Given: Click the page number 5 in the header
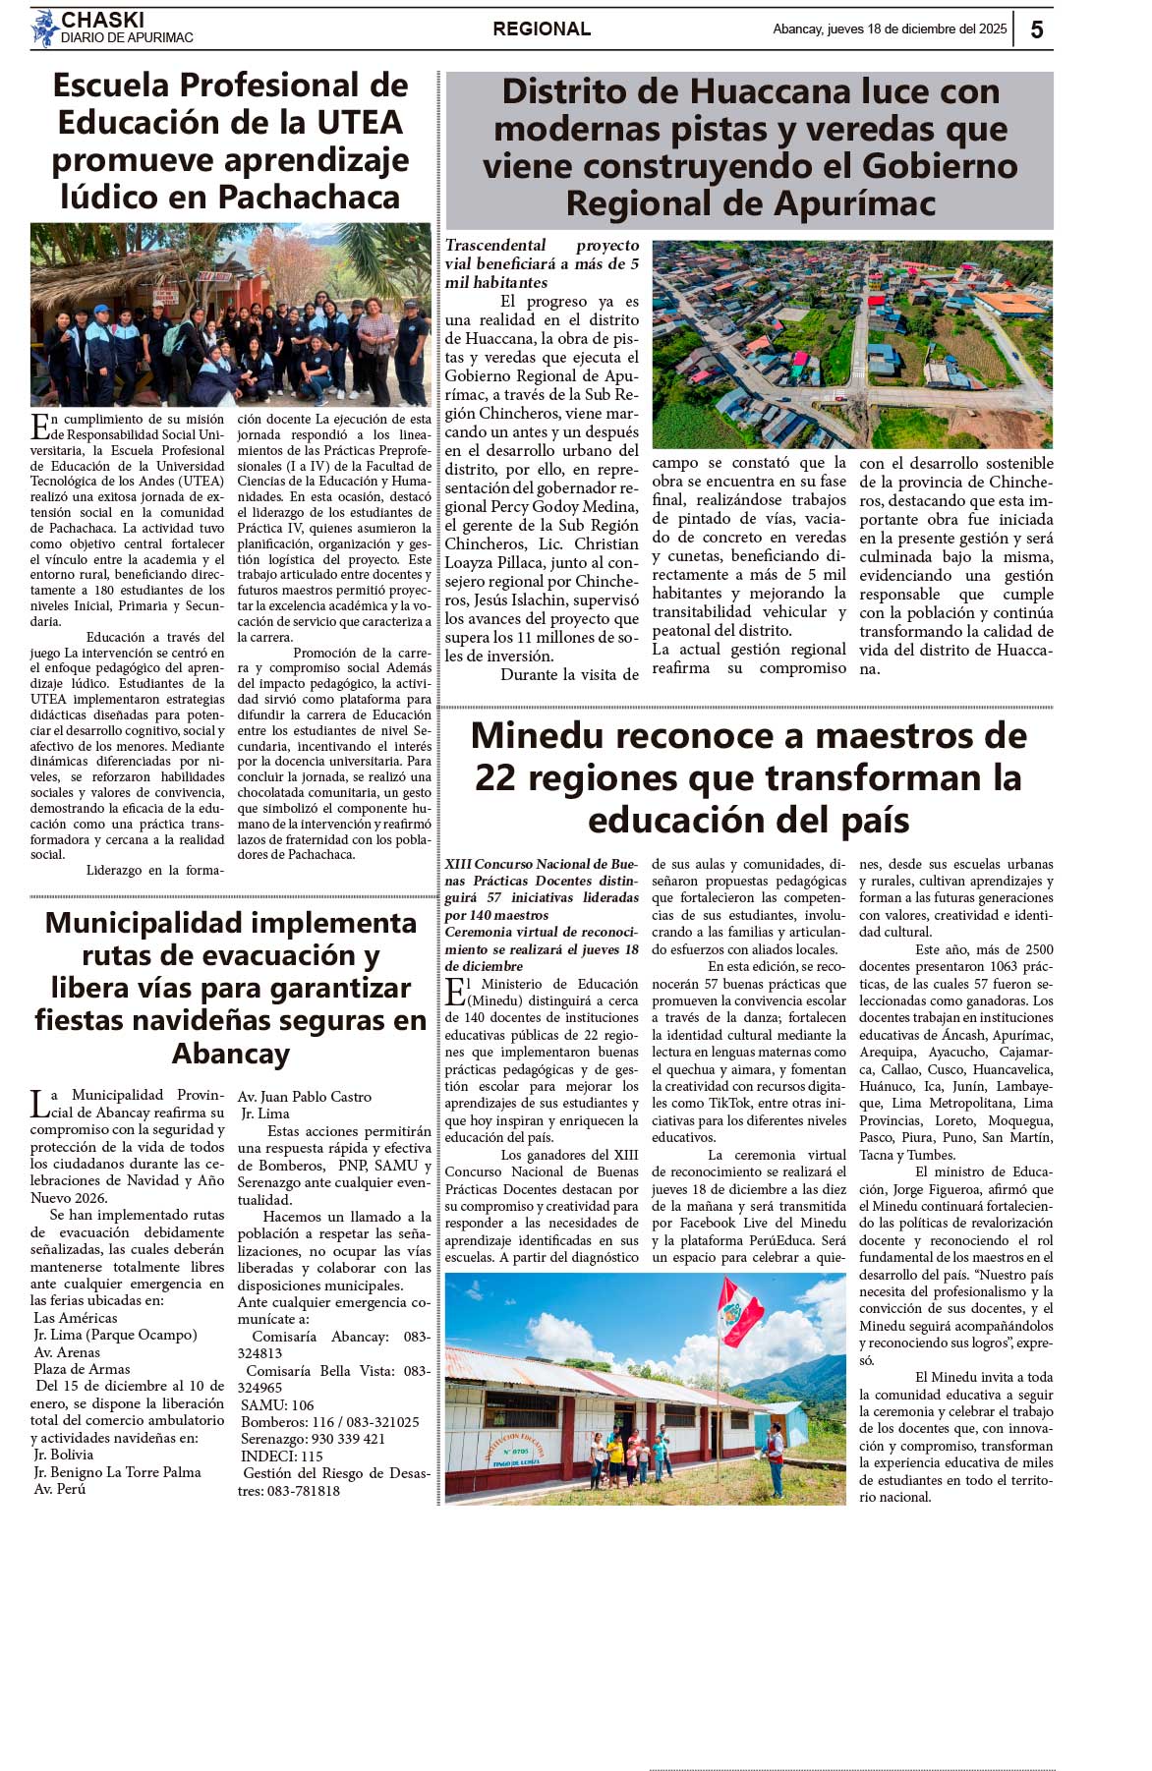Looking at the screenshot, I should [1037, 29].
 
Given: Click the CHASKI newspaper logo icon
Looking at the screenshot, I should [45, 29].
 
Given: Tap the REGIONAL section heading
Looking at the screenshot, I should [542, 29].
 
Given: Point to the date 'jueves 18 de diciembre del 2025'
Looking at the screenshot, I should [917, 29].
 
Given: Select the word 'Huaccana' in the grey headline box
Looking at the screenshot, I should [769, 92].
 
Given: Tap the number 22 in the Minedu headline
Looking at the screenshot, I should [495, 778].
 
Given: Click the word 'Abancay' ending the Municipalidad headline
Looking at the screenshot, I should [231, 1054].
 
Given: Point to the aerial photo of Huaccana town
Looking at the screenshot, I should [852, 344].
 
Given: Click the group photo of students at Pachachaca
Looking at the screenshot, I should [231, 314].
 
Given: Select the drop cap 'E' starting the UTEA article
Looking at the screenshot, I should [40, 427].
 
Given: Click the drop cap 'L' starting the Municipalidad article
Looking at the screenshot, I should [39, 1104].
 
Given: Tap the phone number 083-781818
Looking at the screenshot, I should [300, 1491].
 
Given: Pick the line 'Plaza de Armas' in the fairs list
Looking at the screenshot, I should [82, 1369].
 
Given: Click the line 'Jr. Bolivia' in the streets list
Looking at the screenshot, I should [64, 1455].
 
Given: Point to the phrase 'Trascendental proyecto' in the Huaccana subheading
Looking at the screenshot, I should [542, 246].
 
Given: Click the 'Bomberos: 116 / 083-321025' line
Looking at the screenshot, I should [330, 1422].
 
